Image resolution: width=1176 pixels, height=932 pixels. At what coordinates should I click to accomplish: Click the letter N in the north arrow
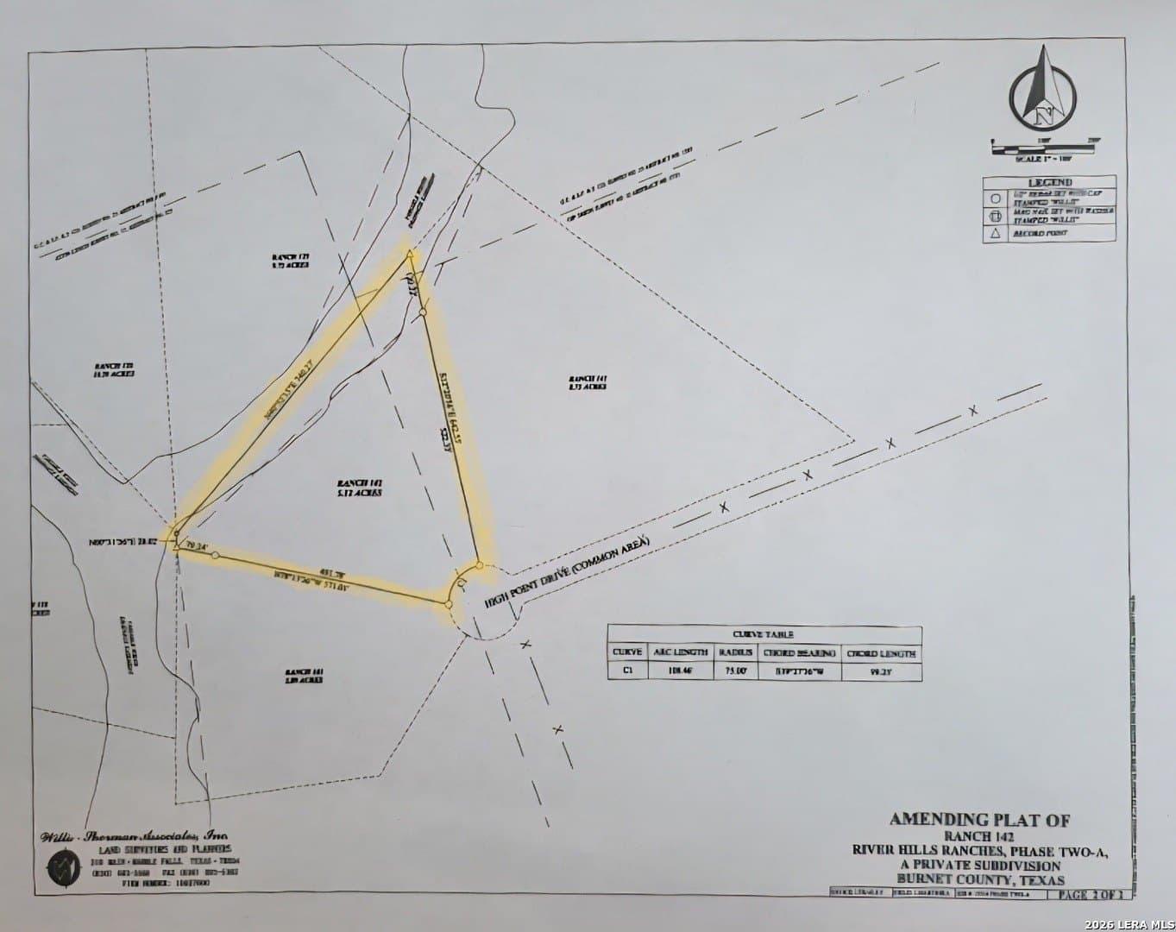(x=1043, y=112)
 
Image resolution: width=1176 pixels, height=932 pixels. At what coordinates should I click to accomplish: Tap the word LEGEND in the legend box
(x=1049, y=182)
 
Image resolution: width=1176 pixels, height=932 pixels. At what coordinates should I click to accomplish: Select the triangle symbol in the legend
(x=994, y=233)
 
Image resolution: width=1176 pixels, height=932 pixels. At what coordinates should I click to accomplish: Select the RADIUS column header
(x=736, y=652)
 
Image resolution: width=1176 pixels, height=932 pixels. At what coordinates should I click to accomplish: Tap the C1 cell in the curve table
(x=626, y=670)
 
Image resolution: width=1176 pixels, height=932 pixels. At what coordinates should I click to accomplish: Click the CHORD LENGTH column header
(x=881, y=653)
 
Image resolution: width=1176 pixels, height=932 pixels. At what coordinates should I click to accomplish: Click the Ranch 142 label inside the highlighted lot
(x=360, y=486)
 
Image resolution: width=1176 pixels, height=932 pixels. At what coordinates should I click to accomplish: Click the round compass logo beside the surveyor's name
(x=61, y=864)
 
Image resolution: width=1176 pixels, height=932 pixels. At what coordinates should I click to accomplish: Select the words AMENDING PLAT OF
(x=979, y=820)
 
